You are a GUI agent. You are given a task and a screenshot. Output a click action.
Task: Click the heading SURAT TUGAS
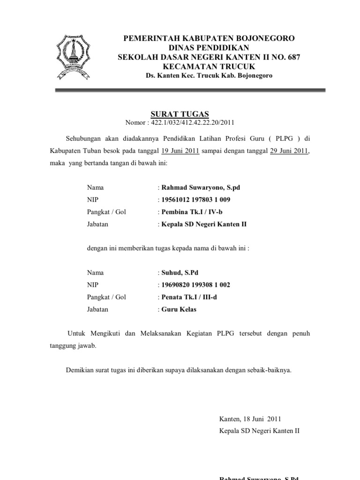coord(180,114)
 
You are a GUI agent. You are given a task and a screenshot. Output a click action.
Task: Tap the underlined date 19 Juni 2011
coord(180,151)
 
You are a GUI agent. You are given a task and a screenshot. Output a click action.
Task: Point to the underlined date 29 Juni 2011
coord(289,151)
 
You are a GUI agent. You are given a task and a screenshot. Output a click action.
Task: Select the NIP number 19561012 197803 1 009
coord(195,200)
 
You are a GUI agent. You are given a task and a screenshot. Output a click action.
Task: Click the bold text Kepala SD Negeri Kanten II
coord(203,224)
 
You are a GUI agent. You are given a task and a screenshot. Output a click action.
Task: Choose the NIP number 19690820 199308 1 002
coord(195,285)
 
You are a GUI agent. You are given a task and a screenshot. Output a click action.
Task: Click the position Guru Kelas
coord(179,309)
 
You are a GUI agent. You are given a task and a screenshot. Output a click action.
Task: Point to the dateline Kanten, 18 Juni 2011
coord(250,419)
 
